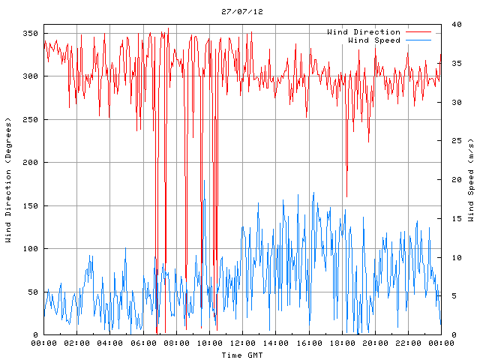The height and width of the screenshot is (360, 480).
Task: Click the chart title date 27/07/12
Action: [242, 12]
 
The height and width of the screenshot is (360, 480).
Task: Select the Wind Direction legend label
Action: [364, 32]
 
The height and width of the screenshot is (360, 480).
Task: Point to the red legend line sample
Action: [418, 32]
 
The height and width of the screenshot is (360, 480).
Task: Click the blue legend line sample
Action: [418, 40]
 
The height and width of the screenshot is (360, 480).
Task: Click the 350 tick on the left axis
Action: [30, 34]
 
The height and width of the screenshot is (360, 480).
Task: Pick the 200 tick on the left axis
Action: [30, 163]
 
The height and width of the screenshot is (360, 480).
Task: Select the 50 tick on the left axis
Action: [32, 292]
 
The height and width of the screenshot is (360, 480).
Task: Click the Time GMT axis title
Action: [241, 354]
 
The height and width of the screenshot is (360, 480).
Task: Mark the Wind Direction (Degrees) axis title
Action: [8, 180]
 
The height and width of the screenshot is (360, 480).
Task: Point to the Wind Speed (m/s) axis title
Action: [470, 180]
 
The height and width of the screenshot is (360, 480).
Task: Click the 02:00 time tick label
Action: [77, 343]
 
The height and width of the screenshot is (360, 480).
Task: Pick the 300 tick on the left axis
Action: [30, 76]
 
